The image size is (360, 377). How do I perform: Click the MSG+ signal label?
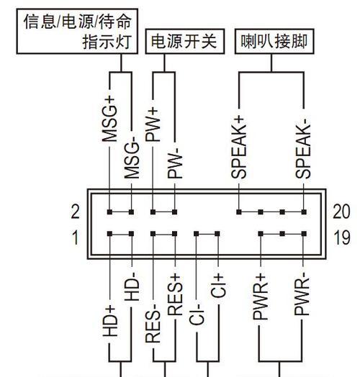point(109,119)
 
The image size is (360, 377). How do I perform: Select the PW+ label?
point(153,124)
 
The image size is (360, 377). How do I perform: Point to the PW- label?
point(175,163)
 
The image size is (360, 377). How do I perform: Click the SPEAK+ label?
point(239,147)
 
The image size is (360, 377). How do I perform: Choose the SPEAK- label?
point(303,152)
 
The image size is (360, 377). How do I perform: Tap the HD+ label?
point(110,321)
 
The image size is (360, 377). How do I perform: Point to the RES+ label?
point(175,294)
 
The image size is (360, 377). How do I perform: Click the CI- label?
point(197,314)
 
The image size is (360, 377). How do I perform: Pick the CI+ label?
point(218,286)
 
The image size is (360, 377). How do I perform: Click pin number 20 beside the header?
point(341,212)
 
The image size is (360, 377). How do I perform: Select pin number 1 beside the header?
point(76,237)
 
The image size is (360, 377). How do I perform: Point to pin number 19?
point(342,237)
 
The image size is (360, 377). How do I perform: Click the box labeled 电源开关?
point(185,41)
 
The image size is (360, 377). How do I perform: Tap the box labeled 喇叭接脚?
point(274,41)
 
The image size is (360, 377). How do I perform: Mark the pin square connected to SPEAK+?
point(239,212)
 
